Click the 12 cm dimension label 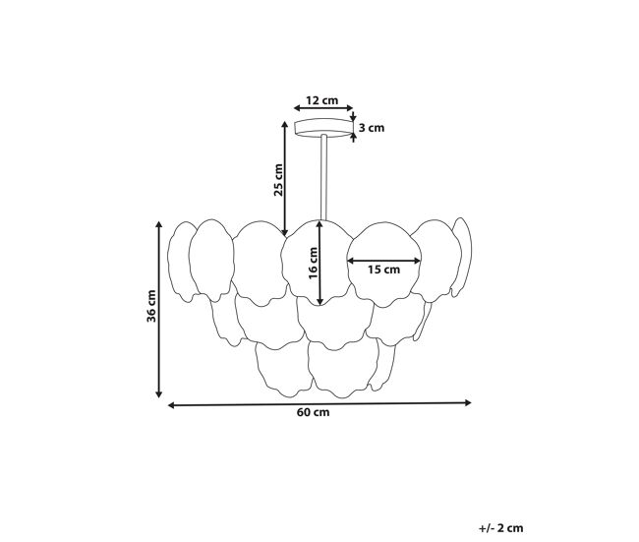(321, 100)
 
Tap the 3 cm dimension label (372, 128)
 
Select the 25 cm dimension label (278, 180)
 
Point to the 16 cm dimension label (313, 263)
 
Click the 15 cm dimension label (383, 270)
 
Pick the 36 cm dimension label (151, 306)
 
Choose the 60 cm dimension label (313, 412)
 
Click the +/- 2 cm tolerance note (500, 528)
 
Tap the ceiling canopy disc (323, 128)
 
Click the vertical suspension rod (323, 177)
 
